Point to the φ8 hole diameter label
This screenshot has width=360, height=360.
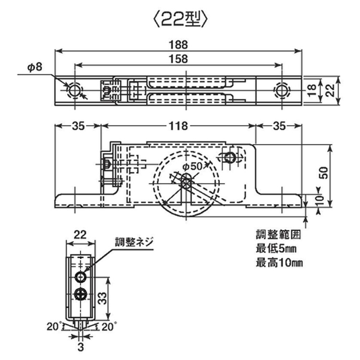35,68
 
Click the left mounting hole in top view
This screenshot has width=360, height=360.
75,90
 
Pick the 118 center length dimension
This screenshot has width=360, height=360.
179,126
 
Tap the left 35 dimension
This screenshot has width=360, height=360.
79,126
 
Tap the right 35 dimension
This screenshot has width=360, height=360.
279,126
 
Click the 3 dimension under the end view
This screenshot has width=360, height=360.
81,344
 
